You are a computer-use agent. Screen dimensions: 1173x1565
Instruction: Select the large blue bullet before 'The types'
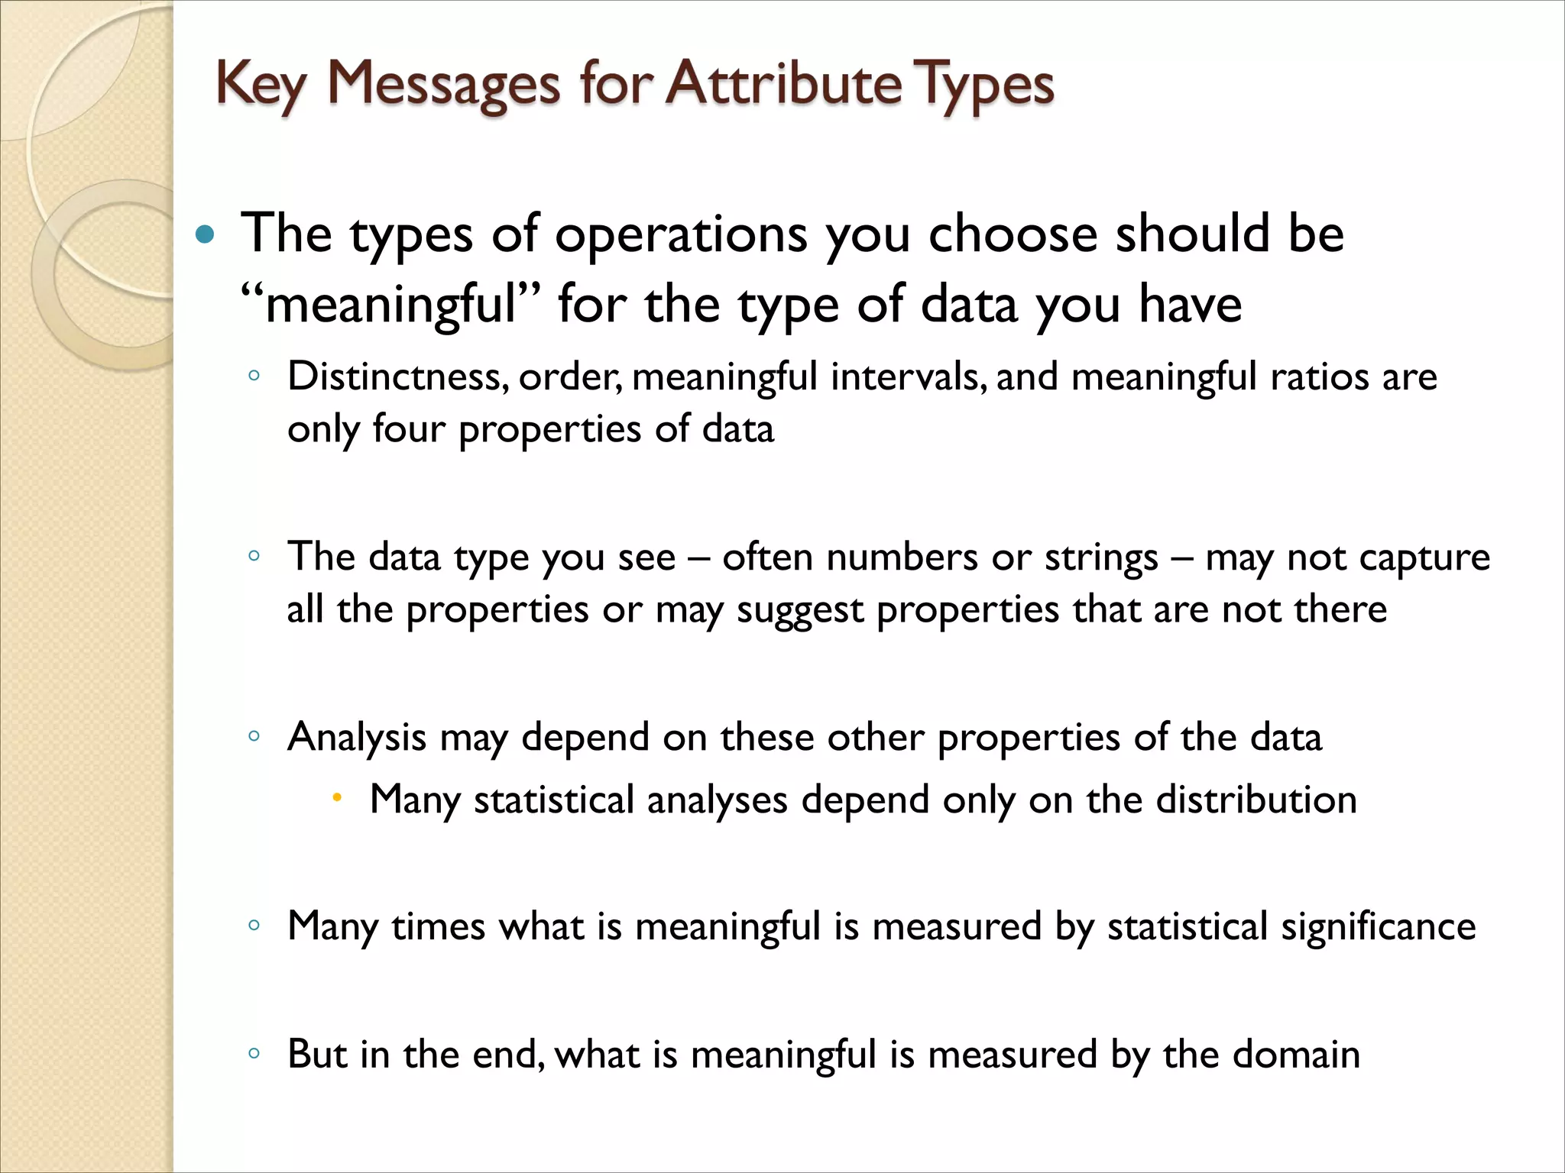[x=205, y=234]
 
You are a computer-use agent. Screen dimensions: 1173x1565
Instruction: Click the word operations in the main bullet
[x=681, y=234]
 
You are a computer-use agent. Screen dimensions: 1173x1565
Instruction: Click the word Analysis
[x=356, y=737]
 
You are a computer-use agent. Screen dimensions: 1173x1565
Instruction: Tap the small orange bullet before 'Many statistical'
[x=336, y=799]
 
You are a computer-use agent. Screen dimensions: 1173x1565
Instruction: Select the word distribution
[x=1256, y=800]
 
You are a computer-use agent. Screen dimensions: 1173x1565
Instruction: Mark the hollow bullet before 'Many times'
[x=254, y=926]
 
